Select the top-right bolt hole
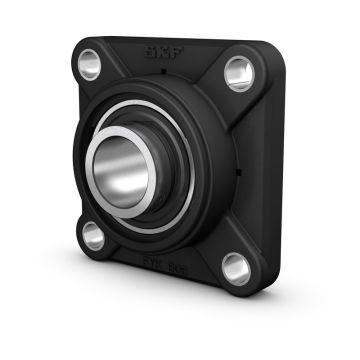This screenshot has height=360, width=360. (x=240, y=72)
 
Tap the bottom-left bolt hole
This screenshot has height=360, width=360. (x=93, y=236)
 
